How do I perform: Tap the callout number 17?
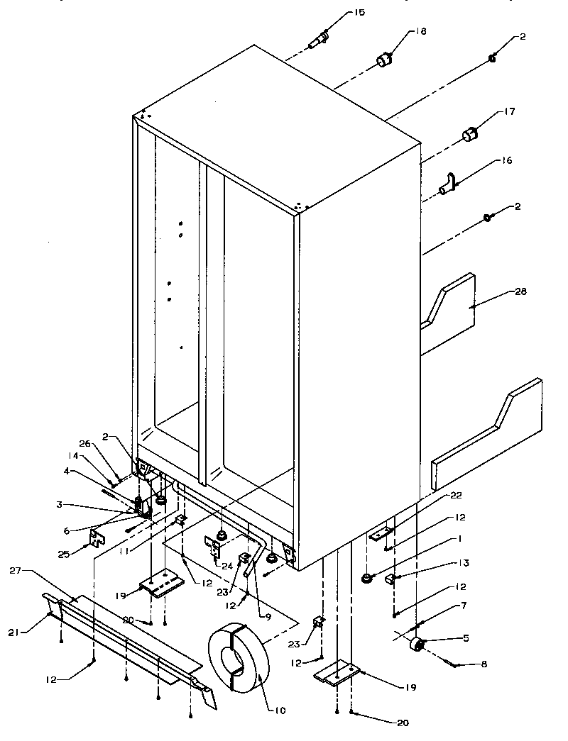pyautogui.click(x=510, y=111)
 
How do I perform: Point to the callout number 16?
pyautogui.click(x=507, y=161)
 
